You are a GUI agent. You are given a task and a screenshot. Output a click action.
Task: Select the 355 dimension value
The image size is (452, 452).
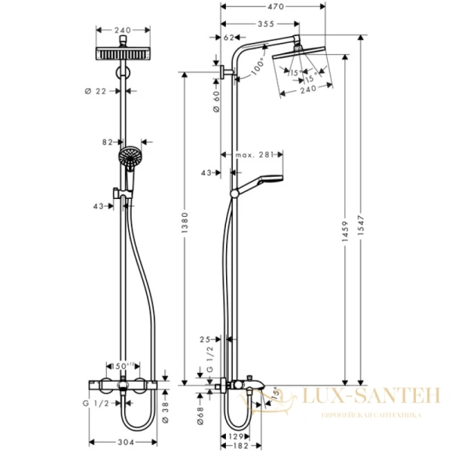[265, 23]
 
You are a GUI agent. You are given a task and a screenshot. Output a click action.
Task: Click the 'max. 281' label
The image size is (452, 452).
[253, 156]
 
